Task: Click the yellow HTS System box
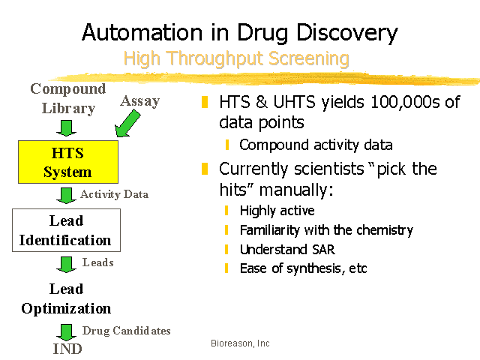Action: coord(68,162)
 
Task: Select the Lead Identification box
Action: coord(66,230)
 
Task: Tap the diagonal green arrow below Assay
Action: coord(127,124)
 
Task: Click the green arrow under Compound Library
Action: coord(66,128)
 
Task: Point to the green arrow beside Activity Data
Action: coord(66,196)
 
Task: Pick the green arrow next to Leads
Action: coord(66,265)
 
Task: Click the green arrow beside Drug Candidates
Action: coord(66,332)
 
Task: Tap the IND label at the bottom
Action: coord(67,349)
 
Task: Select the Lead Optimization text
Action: coord(66,298)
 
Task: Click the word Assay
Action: coord(140,101)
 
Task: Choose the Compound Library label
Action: coord(68,98)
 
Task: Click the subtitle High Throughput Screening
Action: coord(236,58)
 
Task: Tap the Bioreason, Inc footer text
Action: coord(240,343)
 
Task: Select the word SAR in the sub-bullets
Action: coord(323,250)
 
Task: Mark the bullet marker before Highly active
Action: coord(226,211)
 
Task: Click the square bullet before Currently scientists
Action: coord(205,169)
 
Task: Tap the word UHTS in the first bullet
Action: coord(294,102)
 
